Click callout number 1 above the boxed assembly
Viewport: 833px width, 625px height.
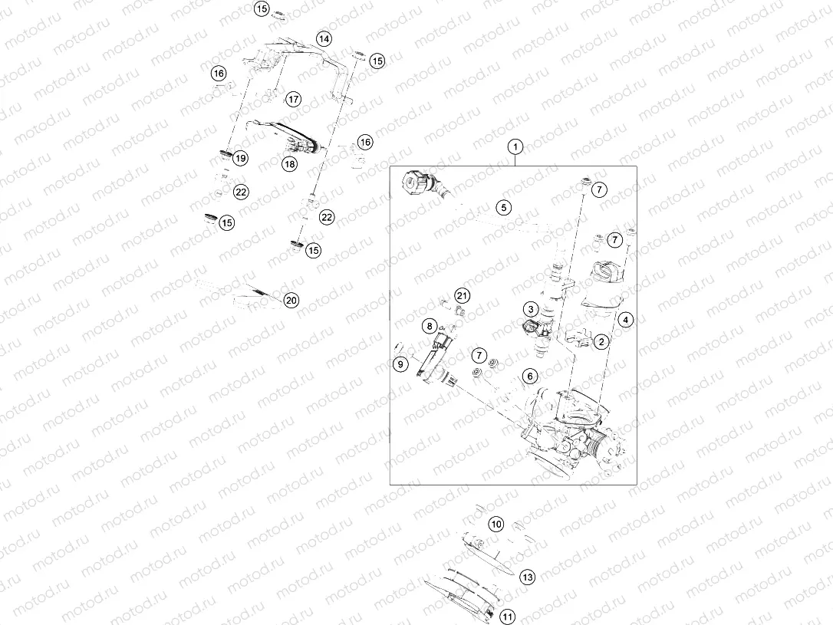coord(515,146)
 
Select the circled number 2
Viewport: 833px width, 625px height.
coord(601,341)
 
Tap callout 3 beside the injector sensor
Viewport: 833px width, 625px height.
coord(530,309)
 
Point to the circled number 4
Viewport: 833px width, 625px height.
coord(626,320)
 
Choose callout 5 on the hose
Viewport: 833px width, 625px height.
coord(504,207)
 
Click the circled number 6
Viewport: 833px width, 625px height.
coord(530,376)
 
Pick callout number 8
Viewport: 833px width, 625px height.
coord(430,325)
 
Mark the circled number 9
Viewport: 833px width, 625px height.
coord(400,363)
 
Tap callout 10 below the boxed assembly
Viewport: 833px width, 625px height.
coord(496,524)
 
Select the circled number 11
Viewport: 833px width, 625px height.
coord(508,617)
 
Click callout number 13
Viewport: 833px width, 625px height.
coord(527,577)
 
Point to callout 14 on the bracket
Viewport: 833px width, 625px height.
coord(324,39)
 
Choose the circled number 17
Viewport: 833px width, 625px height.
coord(293,99)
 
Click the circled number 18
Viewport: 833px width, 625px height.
coord(289,163)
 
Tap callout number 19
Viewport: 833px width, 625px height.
coord(241,158)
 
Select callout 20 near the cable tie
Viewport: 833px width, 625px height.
coord(291,300)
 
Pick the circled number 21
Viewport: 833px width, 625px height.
coord(463,296)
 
